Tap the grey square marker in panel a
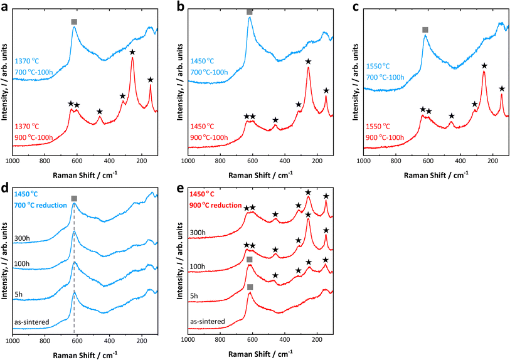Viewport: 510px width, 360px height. coord(74,22)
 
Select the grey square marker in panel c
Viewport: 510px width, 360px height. coord(425,29)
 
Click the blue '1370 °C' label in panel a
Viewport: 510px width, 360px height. coord(26,61)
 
